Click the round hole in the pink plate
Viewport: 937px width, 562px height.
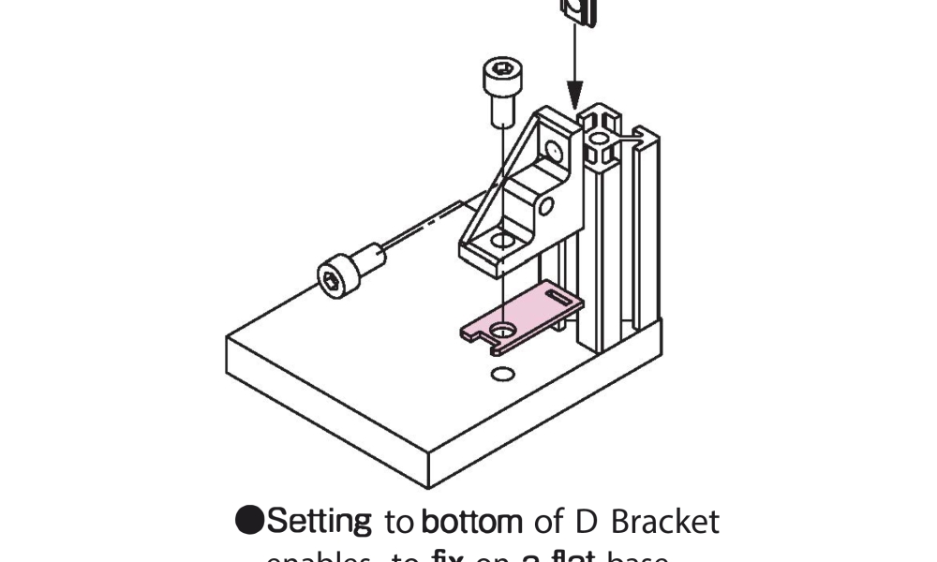505,330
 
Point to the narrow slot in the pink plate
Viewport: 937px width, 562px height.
558,300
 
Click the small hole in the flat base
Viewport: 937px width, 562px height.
503,376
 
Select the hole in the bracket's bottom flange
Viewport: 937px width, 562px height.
503,241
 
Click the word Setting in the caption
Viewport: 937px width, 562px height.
321,521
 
